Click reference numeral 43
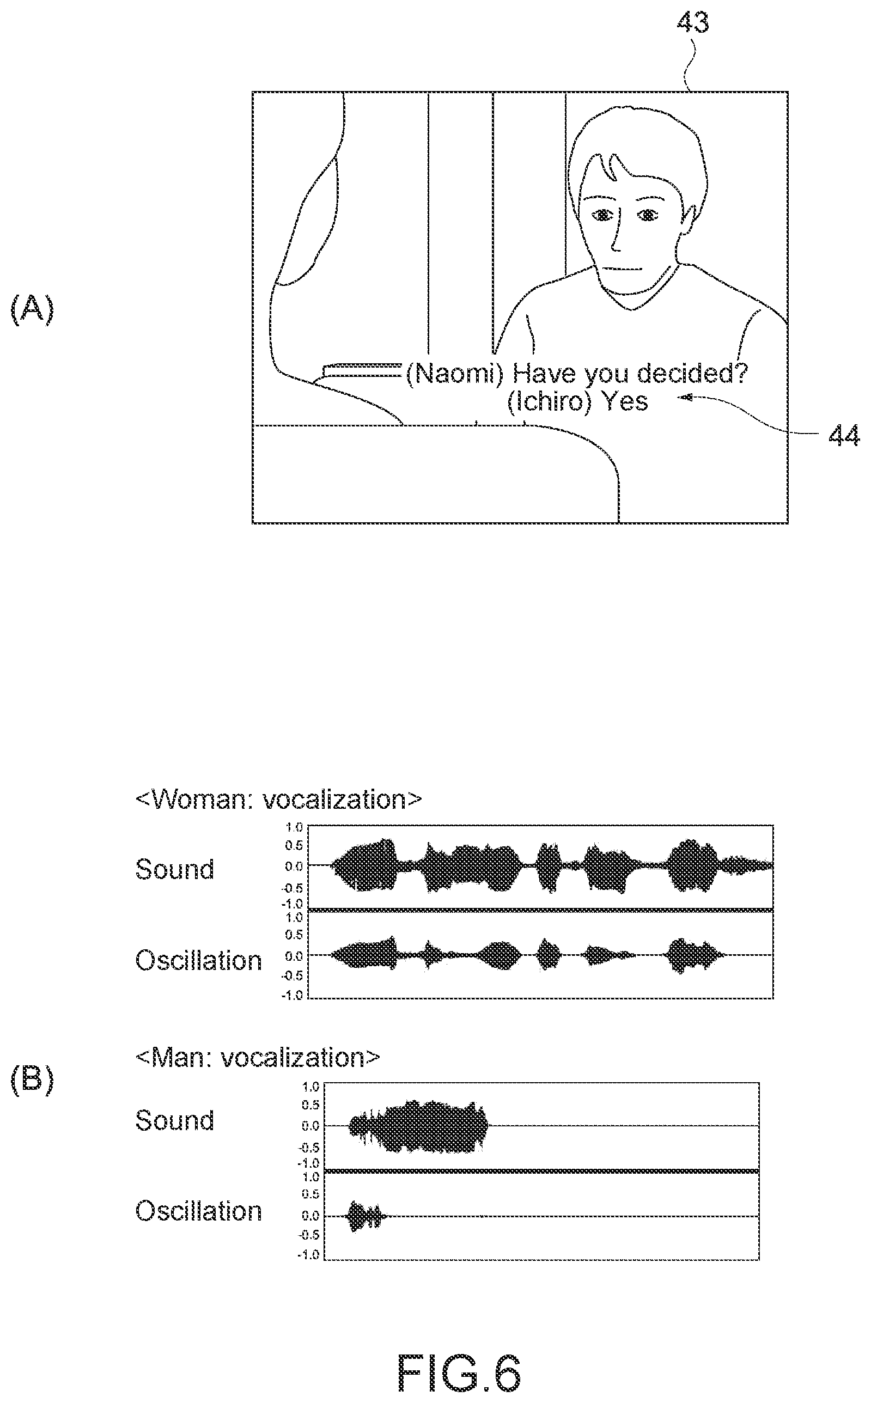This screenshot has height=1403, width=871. tap(692, 22)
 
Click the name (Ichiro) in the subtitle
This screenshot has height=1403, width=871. tap(549, 402)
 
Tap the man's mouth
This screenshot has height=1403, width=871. tap(622, 269)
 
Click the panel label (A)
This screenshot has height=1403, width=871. tap(32, 309)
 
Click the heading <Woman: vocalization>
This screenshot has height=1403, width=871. tap(279, 800)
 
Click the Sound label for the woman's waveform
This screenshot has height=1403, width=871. tap(174, 869)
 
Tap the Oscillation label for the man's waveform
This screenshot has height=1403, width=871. tap(199, 1211)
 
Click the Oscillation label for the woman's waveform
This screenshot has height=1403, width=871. tap(199, 961)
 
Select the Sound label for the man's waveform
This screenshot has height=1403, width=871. tap(174, 1120)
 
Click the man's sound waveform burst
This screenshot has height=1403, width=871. tap(419, 1126)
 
